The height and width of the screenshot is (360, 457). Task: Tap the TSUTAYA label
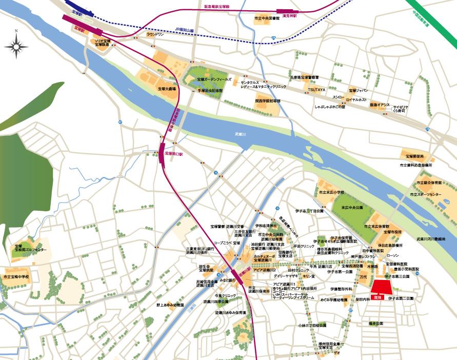pyautogui.click(x=316, y=90)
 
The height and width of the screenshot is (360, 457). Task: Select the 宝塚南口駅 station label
pyautogui.click(x=174, y=153)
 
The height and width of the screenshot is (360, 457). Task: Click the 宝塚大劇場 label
pyautogui.click(x=167, y=89)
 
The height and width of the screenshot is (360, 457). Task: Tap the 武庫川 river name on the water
pyautogui.click(x=241, y=135)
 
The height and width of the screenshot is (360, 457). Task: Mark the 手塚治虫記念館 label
pyautogui.click(x=210, y=91)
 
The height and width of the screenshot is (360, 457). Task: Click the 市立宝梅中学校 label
pyautogui.click(x=16, y=277)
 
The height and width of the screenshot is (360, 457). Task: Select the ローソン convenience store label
pyautogui.click(x=392, y=255)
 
